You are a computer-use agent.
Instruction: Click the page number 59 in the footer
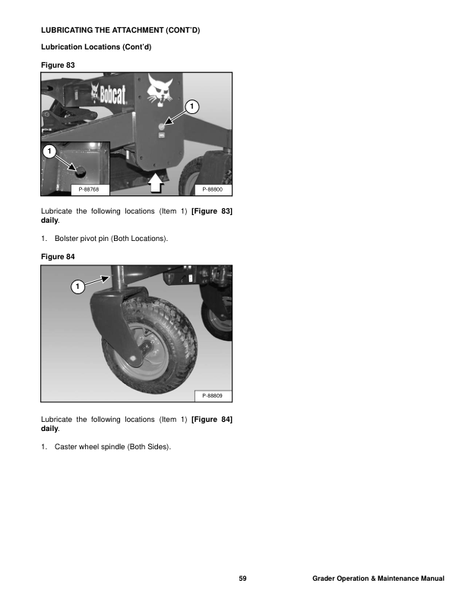pyautogui.click(x=242, y=578)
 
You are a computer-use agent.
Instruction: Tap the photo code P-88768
pyautogui.click(x=89, y=189)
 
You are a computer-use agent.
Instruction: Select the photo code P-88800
pyautogui.click(x=212, y=189)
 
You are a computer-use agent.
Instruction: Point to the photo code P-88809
pyautogui.click(x=212, y=395)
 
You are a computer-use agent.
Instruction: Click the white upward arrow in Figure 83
pyautogui.click(x=156, y=182)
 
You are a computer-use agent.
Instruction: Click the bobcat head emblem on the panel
pyautogui.click(x=160, y=91)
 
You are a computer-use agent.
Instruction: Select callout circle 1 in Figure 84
pyautogui.click(x=78, y=287)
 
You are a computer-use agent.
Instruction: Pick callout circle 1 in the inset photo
pyautogui.click(x=49, y=151)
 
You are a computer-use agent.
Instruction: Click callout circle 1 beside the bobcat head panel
pyautogui.click(x=191, y=106)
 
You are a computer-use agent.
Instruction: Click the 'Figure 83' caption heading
pyautogui.click(x=58, y=65)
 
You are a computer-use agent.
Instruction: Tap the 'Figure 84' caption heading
pyautogui.click(x=58, y=256)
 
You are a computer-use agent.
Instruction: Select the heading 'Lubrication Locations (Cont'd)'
pyautogui.click(x=96, y=47)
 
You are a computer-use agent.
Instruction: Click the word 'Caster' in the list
pyautogui.click(x=65, y=446)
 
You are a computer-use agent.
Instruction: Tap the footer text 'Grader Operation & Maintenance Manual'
pyautogui.click(x=378, y=578)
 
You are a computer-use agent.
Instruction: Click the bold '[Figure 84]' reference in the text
pyautogui.click(x=212, y=420)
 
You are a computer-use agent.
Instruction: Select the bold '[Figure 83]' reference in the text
pyautogui.click(x=212, y=211)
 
